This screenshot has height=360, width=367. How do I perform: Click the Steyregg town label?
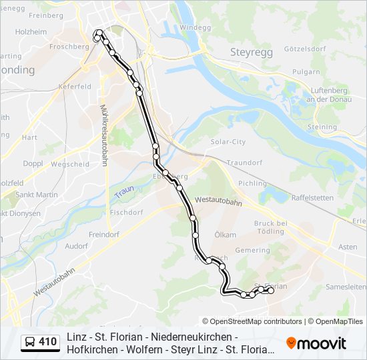click(248, 51)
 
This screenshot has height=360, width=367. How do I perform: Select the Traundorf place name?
click(244, 162)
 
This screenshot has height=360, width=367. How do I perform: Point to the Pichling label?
click(253, 183)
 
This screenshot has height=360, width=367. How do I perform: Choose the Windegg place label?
click(195, 27)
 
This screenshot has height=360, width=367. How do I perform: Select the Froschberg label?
click(69, 47)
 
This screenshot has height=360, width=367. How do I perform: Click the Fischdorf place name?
click(127, 213)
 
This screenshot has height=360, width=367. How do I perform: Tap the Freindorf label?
click(103, 235)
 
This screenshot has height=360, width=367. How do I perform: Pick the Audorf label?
click(77, 245)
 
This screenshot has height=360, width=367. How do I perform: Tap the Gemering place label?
click(252, 250)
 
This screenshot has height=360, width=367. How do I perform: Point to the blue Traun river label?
click(123, 193)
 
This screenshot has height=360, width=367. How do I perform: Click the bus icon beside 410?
click(30, 342)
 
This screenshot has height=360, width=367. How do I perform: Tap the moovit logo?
click(316, 343)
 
